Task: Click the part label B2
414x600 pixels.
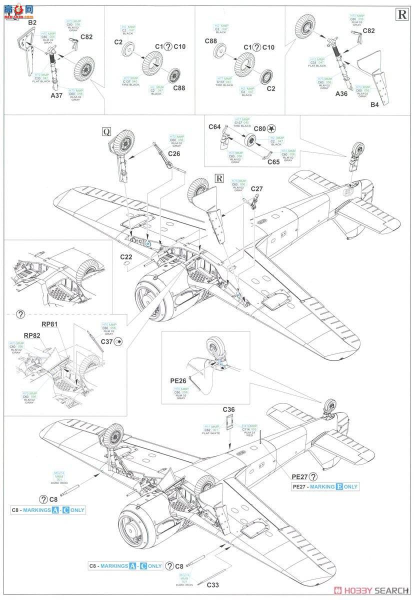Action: coord(32,22)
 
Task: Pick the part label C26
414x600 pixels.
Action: coord(174,153)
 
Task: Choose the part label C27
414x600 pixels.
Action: coord(256,189)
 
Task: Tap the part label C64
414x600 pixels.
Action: coord(214,127)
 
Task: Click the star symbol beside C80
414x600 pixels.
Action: coord(271,127)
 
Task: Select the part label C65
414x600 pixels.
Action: coord(273,162)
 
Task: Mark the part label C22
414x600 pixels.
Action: coord(126,256)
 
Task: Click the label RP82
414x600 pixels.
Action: coord(31,335)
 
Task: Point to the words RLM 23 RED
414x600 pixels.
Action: coord(248,434)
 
